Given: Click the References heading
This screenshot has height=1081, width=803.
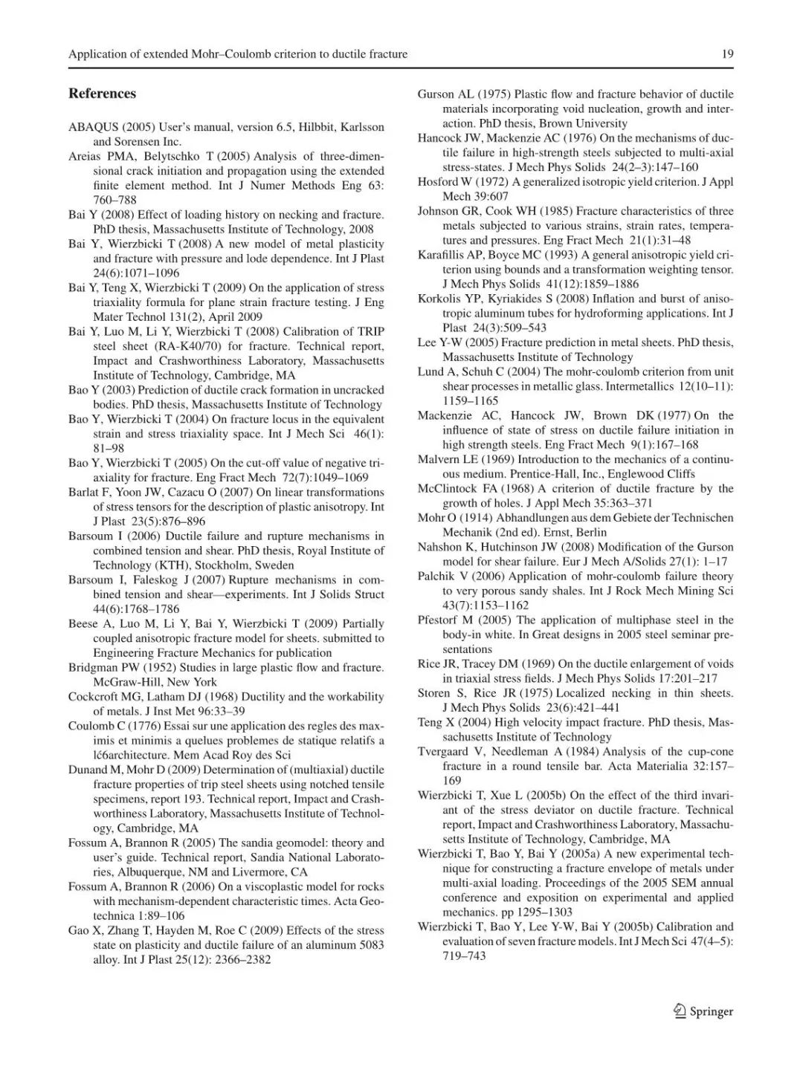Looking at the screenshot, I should pyautogui.click(x=102, y=94).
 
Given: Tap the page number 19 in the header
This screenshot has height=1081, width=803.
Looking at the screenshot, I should pyautogui.click(x=727, y=53).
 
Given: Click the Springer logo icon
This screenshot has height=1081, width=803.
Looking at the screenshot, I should pyautogui.click(x=679, y=1010).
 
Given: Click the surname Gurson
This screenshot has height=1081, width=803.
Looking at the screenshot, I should pyautogui.click(x=436, y=94).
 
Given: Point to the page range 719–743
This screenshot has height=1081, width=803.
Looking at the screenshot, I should pyautogui.click(x=465, y=956).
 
